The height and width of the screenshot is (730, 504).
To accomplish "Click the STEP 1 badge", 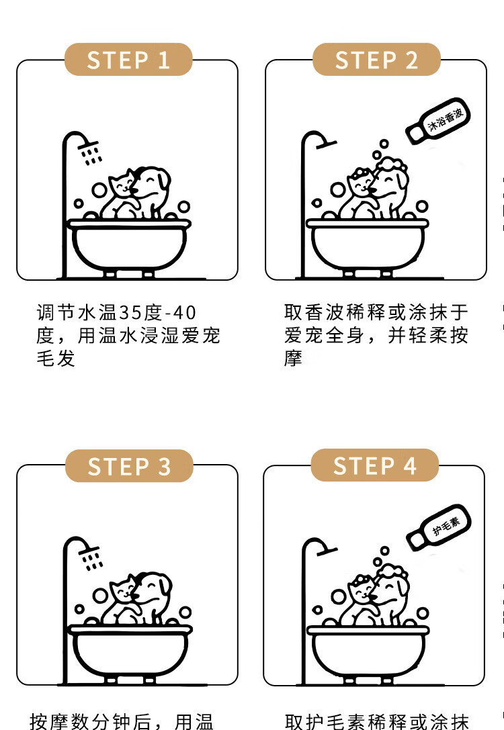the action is click(128, 60).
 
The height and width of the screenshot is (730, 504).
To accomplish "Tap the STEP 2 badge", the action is click(376, 60).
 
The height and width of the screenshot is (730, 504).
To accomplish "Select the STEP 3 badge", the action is click(129, 466).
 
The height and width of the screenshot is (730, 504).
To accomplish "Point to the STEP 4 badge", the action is click(374, 465).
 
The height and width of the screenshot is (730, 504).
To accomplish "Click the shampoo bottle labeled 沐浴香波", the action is click(438, 121).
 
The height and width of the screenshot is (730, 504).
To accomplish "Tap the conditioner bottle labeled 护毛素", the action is click(439, 527).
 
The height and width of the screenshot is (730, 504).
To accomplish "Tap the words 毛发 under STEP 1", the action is click(56, 358).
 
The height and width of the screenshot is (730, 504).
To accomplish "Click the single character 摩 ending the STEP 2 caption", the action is click(294, 358).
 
